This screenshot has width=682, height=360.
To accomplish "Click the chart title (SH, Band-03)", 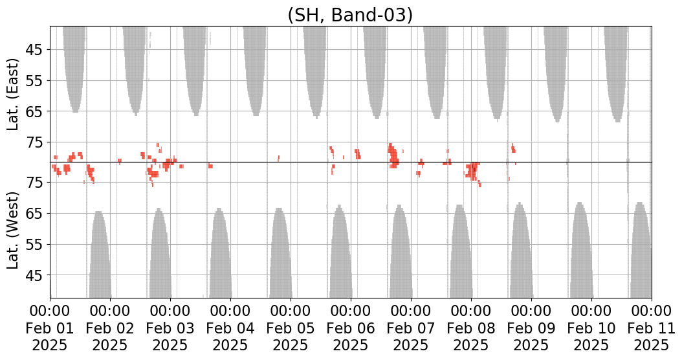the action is tap(350, 16).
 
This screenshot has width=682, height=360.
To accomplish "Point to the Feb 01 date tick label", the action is tap(50, 328).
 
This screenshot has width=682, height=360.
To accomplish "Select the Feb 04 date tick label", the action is tap(230, 328).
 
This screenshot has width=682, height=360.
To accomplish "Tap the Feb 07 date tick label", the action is tap(411, 328).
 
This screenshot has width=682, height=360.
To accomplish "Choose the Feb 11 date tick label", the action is tap(651, 328).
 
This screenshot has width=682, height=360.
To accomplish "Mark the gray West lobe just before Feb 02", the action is tap(100, 257).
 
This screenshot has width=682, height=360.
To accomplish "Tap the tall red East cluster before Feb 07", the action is tap(393, 155).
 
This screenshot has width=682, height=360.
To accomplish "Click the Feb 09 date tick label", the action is tap(531, 328).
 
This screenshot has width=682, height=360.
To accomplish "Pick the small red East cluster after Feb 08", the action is tap(513, 148).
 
